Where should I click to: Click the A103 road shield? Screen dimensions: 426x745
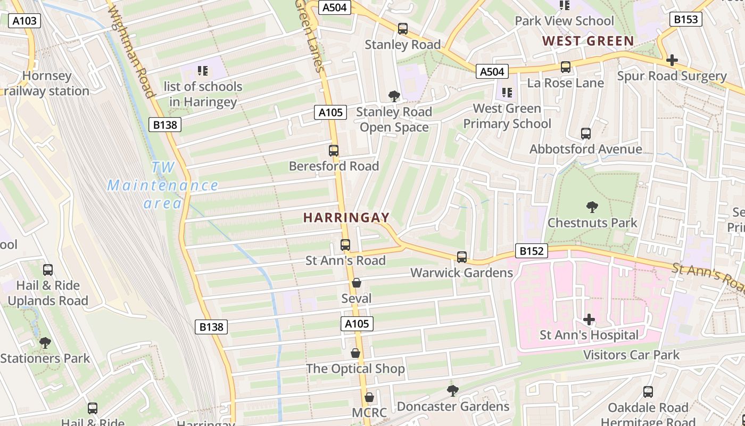point(24,21)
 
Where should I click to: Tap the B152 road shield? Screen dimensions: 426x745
point(531,251)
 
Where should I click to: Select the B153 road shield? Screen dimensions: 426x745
point(685,20)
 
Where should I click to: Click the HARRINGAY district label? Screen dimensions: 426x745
point(346,218)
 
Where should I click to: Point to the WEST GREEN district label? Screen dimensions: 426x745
point(588,41)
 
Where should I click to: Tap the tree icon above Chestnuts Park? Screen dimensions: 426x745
point(592,207)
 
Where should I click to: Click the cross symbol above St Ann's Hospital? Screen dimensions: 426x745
point(589,319)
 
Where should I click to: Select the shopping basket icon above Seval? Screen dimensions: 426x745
point(357,283)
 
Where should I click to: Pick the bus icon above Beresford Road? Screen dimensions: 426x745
point(334,151)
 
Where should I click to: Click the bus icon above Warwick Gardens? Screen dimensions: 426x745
point(462,257)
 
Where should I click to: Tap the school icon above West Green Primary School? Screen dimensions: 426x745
point(507,93)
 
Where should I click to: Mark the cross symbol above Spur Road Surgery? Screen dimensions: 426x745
point(672,60)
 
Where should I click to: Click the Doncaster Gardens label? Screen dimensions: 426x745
point(453,407)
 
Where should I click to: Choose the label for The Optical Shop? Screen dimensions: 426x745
point(355,368)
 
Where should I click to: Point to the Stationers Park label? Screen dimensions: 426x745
point(45,358)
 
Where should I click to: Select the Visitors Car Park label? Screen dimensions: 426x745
point(631,355)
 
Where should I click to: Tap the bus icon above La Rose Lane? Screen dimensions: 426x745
point(566,67)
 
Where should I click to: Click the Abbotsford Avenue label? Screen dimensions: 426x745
point(585,149)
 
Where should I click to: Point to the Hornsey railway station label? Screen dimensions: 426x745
point(46,84)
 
